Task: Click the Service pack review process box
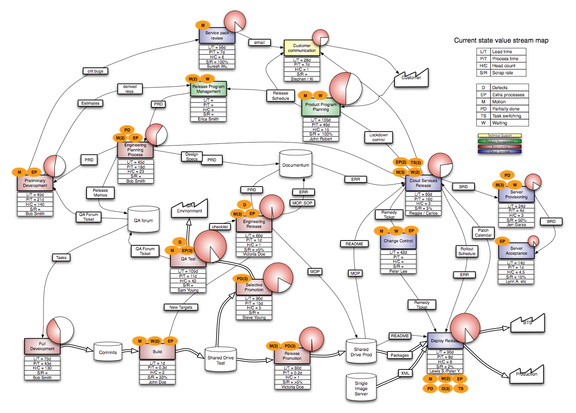click(217, 36)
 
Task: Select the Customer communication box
click(302, 48)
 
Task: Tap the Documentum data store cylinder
click(296, 165)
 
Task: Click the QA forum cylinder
click(144, 220)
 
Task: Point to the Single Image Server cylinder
click(361, 388)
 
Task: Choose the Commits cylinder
click(108, 352)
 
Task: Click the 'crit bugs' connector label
click(95, 71)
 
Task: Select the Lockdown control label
click(378, 137)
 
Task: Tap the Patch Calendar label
click(483, 233)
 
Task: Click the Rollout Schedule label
click(467, 251)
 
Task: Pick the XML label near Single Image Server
click(405, 373)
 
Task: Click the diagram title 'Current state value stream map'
click(501, 40)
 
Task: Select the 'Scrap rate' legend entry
click(502, 73)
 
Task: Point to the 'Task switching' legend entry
click(506, 116)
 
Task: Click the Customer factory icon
click(411, 78)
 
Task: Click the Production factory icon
click(526, 374)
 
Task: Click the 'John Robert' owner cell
click(321, 139)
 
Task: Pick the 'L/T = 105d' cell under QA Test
click(188, 271)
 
